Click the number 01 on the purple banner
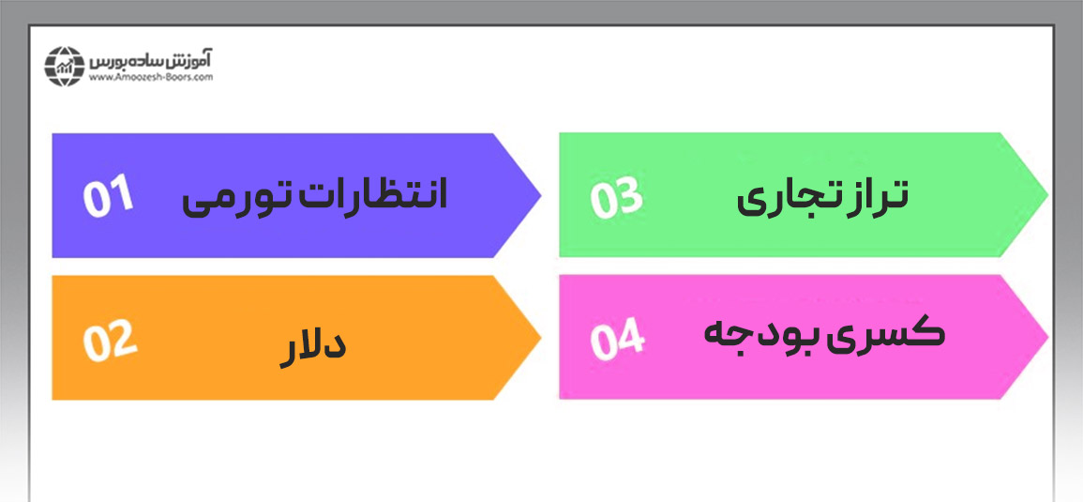tap(108, 196)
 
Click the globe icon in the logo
tap(63, 67)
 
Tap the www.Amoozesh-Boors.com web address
tap(151, 78)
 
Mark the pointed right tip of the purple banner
tap(540, 196)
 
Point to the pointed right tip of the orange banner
tap(540, 338)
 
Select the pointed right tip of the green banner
tap(1047, 195)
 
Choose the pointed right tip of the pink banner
tap(1047, 337)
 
